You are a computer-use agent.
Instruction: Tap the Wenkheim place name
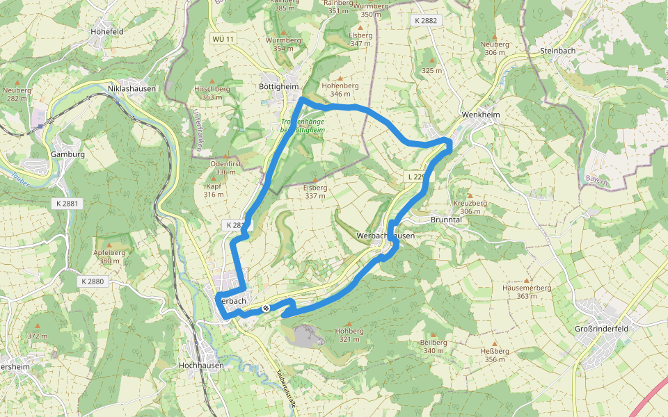pos(481,114)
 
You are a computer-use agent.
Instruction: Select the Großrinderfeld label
pos(602,329)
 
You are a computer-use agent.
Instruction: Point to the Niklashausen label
pos(132,89)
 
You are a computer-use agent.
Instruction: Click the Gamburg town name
pos(67,154)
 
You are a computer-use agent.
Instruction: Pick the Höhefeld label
pos(106,31)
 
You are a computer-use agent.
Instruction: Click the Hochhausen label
pos(200,365)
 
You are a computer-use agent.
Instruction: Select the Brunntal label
pos(447,219)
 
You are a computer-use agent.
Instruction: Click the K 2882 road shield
pos(425,21)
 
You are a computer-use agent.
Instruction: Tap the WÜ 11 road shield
pos(223,38)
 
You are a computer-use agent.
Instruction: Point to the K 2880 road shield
pos(92,281)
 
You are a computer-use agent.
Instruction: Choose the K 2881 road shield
pos(67,204)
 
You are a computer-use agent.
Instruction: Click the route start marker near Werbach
pos(265,308)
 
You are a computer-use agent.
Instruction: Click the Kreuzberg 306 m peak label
pos(470,206)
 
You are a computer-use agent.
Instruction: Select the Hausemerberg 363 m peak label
pos(527,291)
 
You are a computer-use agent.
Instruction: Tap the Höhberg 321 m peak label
pos(349,335)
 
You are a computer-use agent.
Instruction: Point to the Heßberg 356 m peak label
pos(494,354)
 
